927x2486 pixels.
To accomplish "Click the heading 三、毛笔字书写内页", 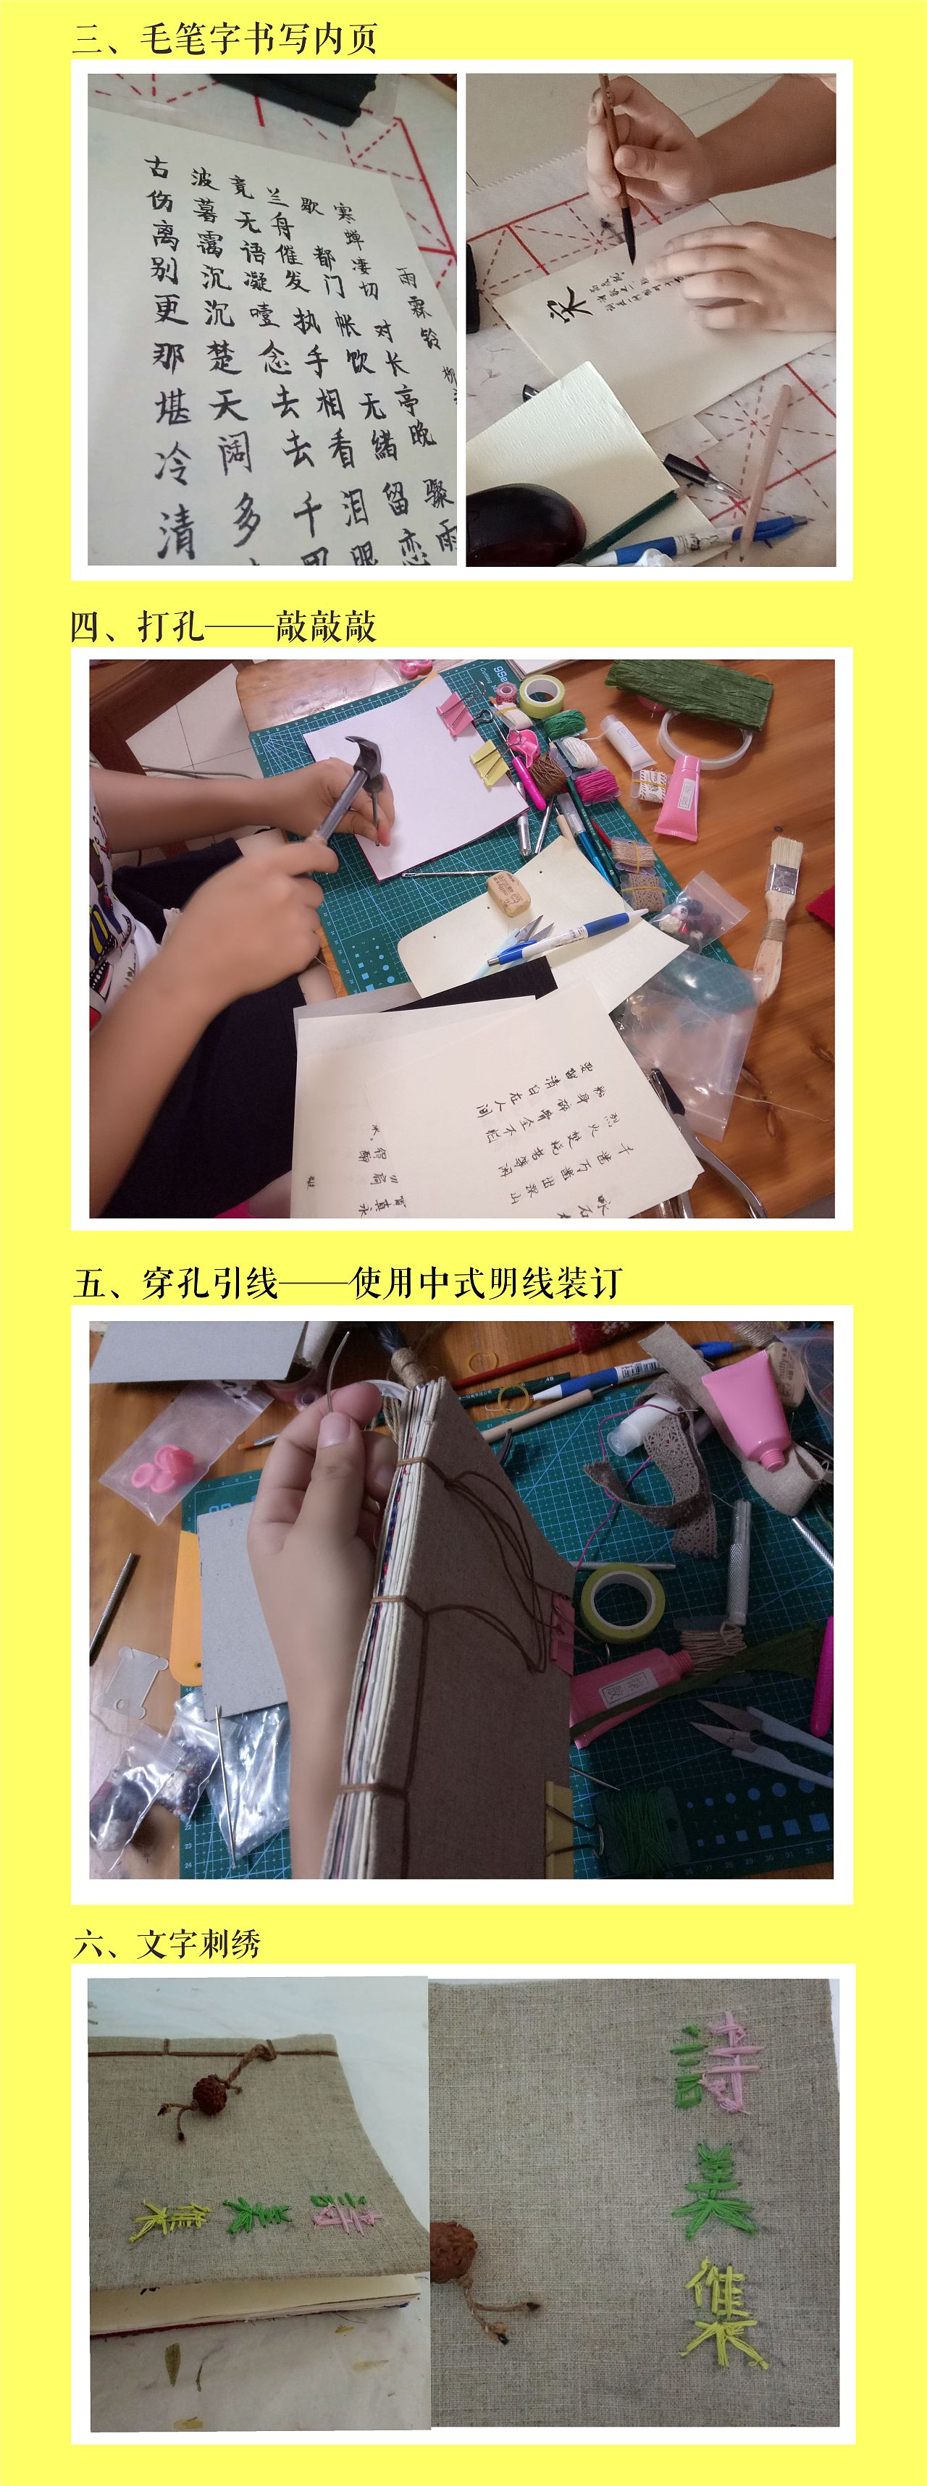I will (x=224, y=38).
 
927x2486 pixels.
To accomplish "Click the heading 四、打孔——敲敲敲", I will (x=223, y=626).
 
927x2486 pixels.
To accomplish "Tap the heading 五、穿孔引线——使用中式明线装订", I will (x=348, y=1283).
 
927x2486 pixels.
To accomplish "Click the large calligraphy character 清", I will (x=177, y=530).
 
